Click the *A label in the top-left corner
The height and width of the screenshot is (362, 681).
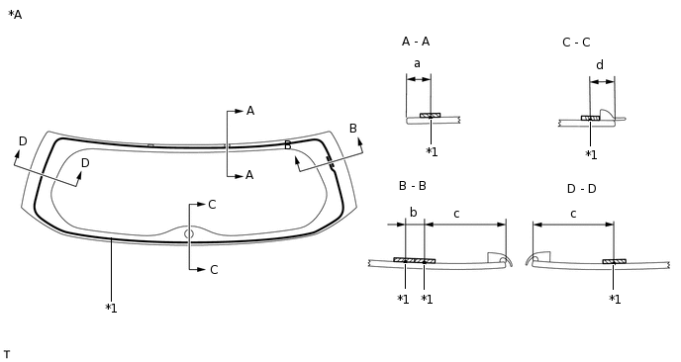15,15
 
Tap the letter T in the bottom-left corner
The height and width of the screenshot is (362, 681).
7,354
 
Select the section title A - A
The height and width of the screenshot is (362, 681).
416,42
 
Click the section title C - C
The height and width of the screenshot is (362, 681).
576,43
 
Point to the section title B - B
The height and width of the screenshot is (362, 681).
413,186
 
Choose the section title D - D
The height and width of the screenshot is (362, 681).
581,189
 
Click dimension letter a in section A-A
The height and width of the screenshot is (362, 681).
417,63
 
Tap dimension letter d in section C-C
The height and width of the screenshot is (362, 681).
600,66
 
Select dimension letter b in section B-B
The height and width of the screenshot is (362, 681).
414,213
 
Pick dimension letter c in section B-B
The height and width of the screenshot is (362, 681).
456,214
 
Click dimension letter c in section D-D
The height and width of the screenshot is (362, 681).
573,214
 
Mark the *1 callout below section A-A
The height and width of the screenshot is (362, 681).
432,152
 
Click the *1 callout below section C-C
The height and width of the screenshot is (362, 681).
591,155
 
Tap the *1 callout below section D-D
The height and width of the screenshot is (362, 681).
615,300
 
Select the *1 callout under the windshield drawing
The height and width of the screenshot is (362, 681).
111,309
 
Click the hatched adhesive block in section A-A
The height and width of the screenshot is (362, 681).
430,116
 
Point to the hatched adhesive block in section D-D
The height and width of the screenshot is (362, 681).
614,262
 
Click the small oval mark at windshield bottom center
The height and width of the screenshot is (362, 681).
189,234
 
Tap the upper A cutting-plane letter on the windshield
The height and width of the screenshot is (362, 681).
250,111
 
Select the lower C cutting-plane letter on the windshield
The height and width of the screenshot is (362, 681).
213,270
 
